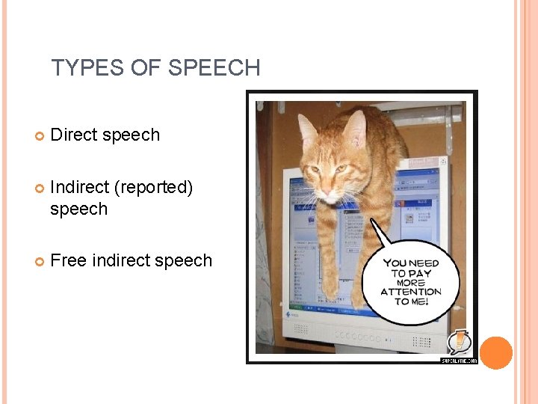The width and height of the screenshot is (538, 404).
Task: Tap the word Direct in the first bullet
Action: point(74,135)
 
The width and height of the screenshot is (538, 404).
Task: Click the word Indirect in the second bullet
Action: point(80,187)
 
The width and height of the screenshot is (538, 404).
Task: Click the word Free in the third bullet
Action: point(68,260)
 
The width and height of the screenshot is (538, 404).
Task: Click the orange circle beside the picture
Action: point(495,353)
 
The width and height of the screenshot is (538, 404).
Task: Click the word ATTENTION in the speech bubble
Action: point(410,292)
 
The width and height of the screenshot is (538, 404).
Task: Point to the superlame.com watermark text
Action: point(459,360)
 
